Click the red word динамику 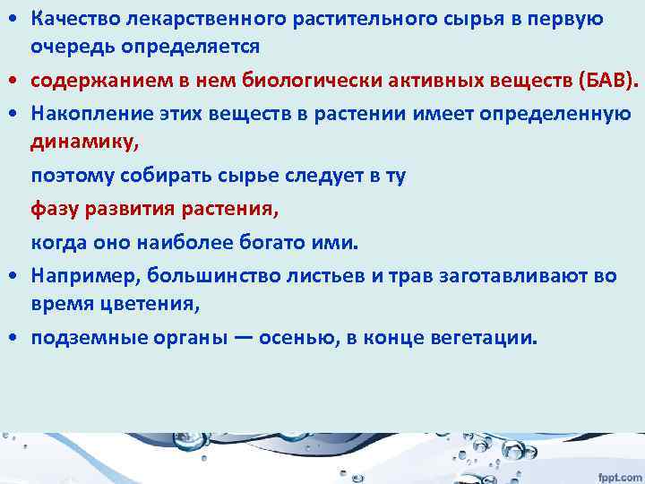pyautogui.click(x=73, y=142)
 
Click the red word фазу pyautogui.click(x=54, y=210)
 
